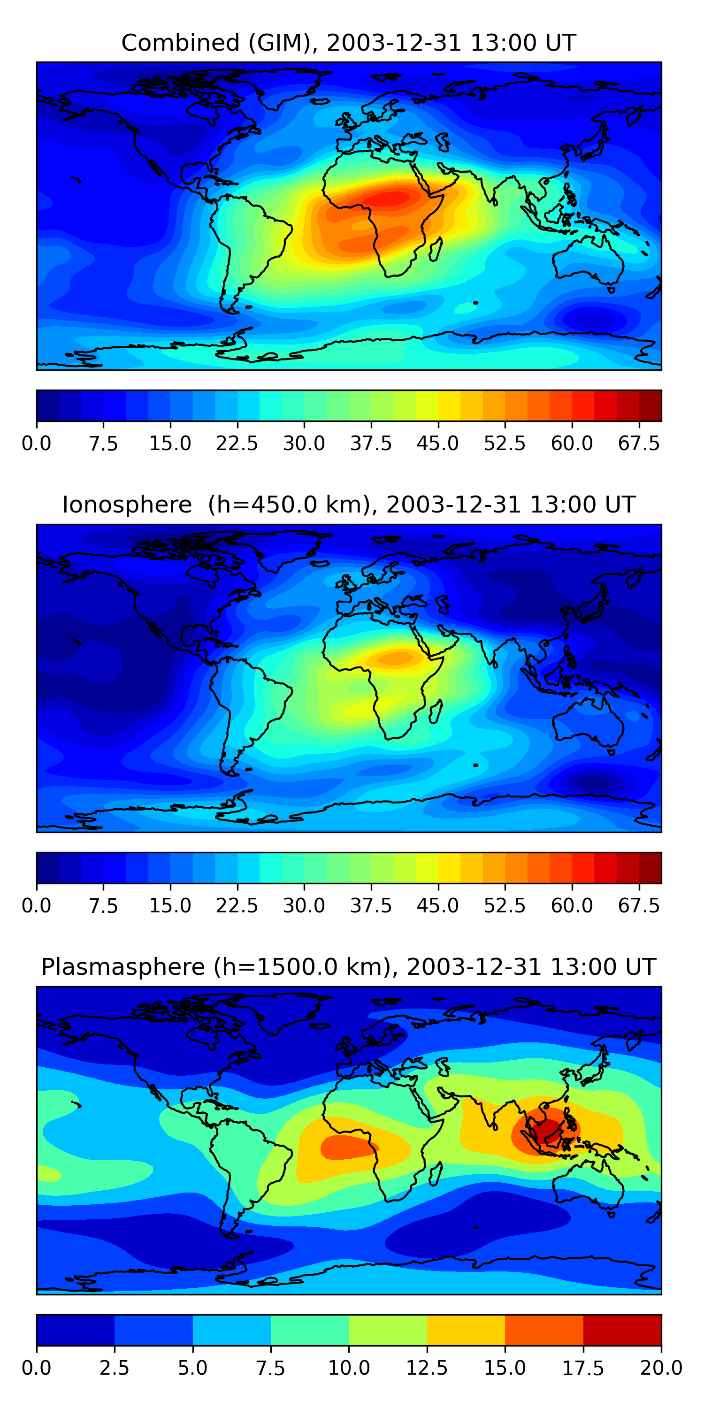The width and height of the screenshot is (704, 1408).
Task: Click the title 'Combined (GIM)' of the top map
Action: point(219,43)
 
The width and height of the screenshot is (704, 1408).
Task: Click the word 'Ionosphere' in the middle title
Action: point(127,505)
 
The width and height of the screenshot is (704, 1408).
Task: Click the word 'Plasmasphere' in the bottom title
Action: point(123,967)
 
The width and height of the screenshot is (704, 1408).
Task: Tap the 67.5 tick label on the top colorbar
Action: point(639,443)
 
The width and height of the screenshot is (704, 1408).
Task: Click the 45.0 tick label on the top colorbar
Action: point(438,443)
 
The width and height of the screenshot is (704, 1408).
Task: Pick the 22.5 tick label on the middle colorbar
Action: point(237,906)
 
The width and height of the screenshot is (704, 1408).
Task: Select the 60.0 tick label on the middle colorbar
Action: point(572,906)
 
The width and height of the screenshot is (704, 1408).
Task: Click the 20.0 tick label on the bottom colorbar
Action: point(661,1368)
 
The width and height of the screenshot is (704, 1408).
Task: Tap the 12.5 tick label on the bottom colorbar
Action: point(427,1368)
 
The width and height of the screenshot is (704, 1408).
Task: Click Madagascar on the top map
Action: point(436,249)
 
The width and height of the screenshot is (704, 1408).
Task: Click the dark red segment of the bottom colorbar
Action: point(622,1330)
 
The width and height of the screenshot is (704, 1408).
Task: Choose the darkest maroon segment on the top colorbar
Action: point(650,406)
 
